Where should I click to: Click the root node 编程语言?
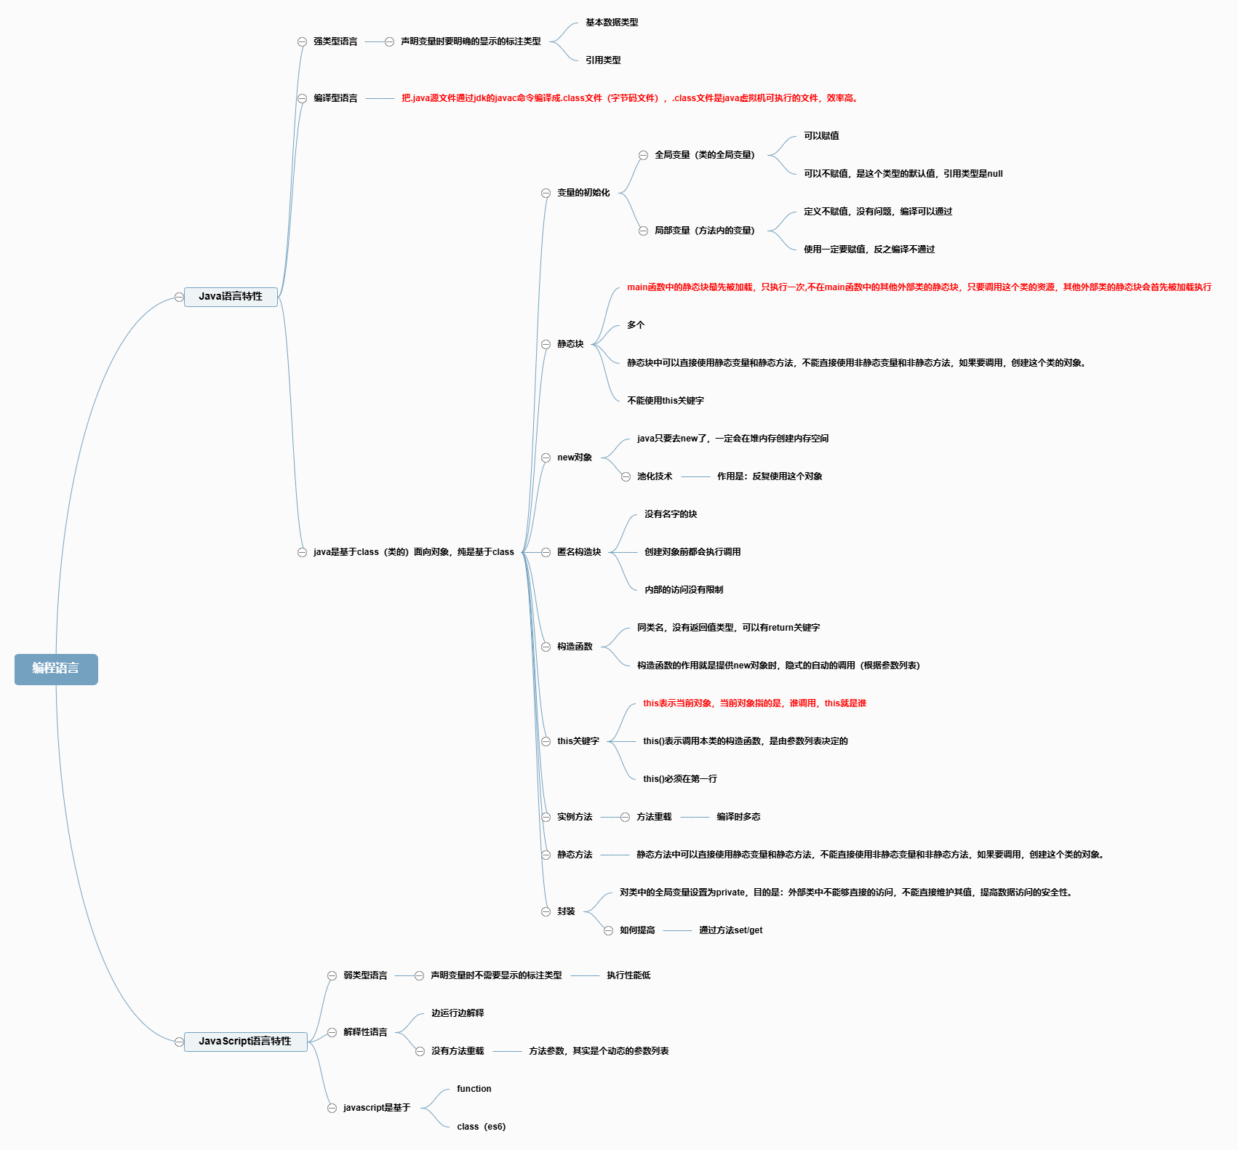pyautogui.click(x=56, y=669)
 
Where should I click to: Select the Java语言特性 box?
pyautogui.click(x=231, y=297)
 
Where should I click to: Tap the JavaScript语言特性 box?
pyautogui.click(x=245, y=1042)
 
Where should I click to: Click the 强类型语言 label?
pyautogui.click(x=335, y=41)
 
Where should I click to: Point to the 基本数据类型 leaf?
pyautogui.click(x=612, y=23)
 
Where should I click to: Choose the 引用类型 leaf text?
pyautogui.click(x=603, y=60)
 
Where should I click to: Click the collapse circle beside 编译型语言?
pyautogui.click(x=302, y=98)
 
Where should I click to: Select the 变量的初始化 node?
pyautogui.click(x=583, y=193)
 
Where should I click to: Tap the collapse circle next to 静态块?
pyautogui.click(x=546, y=344)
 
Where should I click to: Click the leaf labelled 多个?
pyautogui.click(x=636, y=325)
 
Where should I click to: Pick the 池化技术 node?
pyautogui.click(x=655, y=476)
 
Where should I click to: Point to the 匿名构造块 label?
pyautogui.click(x=579, y=552)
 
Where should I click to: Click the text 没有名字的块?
pyautogui.click(x=671, y=514)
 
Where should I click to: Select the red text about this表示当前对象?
pyautogui.click(x=754, y=703)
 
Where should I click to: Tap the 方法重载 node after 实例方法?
pyautogui.click(x=654, y=817)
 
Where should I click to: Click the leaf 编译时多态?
pyautogui.click(x=738, y=817)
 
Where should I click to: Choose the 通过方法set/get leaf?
pyautogui.click(x=731, y=930)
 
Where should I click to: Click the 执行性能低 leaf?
pyautogui.click(x=628, y=975)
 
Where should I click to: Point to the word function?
pyautogui.click(x=474, y=1089)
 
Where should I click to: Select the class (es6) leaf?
pyautogui.click(x=482, y=1127)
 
